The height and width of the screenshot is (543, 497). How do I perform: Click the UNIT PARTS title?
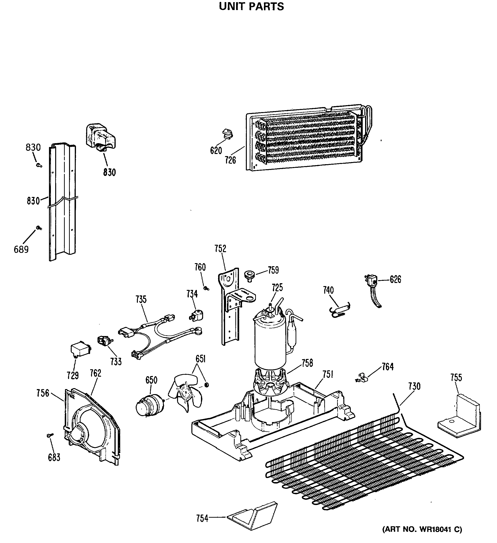click(x=251, y=6)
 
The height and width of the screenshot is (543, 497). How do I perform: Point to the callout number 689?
click(x=21, y=250)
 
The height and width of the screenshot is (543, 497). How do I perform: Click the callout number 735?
click(x=141, y=299)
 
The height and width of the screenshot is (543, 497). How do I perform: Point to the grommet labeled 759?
click(x=249, y=276)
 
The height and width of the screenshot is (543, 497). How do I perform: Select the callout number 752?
click(x=220, y=249)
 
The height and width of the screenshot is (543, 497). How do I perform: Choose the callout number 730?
click(x=414, y=386)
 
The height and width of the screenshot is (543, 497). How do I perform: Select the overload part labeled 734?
click(x=197, y=315)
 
